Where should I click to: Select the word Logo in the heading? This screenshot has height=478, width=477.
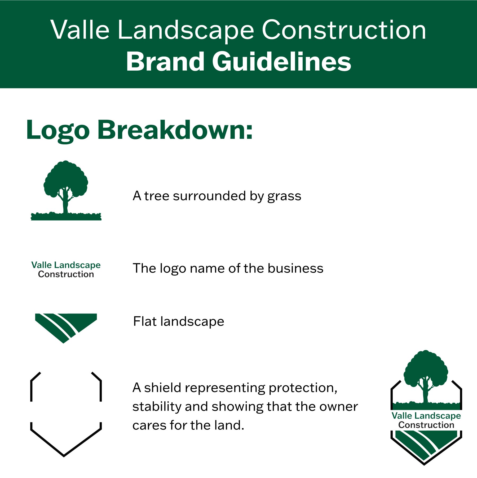(58, 131)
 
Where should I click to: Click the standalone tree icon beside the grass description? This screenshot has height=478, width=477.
(66, 190)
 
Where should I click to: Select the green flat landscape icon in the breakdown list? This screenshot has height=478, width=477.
(66, 328)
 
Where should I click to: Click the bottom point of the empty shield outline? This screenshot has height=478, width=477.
(64, 456)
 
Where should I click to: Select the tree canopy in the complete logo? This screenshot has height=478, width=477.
(426, 368)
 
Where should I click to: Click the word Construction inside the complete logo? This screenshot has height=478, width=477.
(426, 425)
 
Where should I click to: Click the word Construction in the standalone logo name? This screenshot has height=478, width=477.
(66, 274)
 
